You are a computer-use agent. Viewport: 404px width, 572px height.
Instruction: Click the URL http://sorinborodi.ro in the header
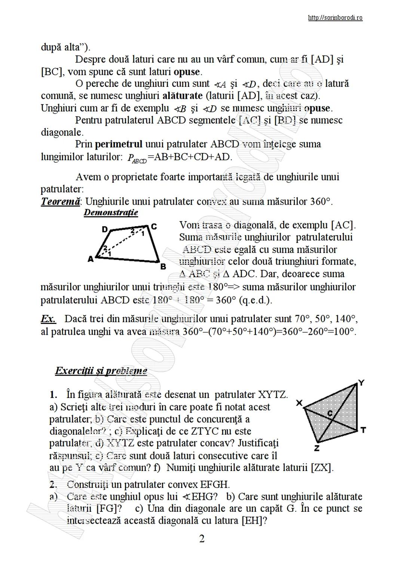tap(335, 18)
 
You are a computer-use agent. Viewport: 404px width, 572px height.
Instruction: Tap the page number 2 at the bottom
tap(202, 539)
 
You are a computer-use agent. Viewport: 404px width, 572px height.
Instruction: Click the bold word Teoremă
tap(60, 202)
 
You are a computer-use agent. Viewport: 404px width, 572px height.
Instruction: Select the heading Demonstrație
tap(111, 213)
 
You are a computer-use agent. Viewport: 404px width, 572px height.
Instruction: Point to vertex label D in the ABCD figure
tap(105, 229)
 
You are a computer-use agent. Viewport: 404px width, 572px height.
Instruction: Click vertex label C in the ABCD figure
tap(154, 226)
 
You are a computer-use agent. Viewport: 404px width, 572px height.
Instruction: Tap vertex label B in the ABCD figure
tap(163, 266)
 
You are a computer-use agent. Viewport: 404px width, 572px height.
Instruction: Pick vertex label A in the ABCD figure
tap(90, 259)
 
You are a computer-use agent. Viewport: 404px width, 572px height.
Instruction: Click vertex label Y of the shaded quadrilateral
tap(361, 382)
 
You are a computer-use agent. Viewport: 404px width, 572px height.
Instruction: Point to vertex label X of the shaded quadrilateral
tap(299, 403)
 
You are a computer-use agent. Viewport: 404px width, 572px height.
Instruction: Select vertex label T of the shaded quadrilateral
tap(363, 430)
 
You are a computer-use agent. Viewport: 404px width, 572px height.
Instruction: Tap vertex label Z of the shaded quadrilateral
tap(316, 448)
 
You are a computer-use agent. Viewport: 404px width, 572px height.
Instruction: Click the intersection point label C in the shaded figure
tap(330, 413)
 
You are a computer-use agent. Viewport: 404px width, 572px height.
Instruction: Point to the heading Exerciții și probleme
tap(101, 371)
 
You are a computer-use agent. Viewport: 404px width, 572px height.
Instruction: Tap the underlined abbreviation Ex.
tap(48, 319)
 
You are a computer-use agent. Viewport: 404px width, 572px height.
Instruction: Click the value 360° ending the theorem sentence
tap(321, 202)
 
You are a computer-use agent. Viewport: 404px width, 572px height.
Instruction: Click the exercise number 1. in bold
tap(53, 394)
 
